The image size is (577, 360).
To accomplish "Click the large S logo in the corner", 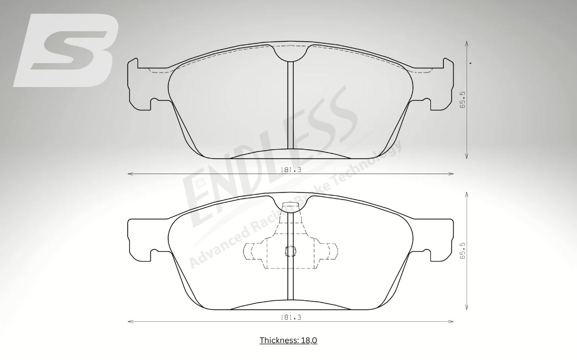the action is point(66,50).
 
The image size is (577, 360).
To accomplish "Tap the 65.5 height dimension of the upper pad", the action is point(463,100).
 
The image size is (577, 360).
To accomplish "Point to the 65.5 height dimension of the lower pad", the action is point(463,250).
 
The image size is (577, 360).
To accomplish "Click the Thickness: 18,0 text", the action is point(288,340).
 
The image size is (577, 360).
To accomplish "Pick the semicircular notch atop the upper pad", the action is point(291,53).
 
